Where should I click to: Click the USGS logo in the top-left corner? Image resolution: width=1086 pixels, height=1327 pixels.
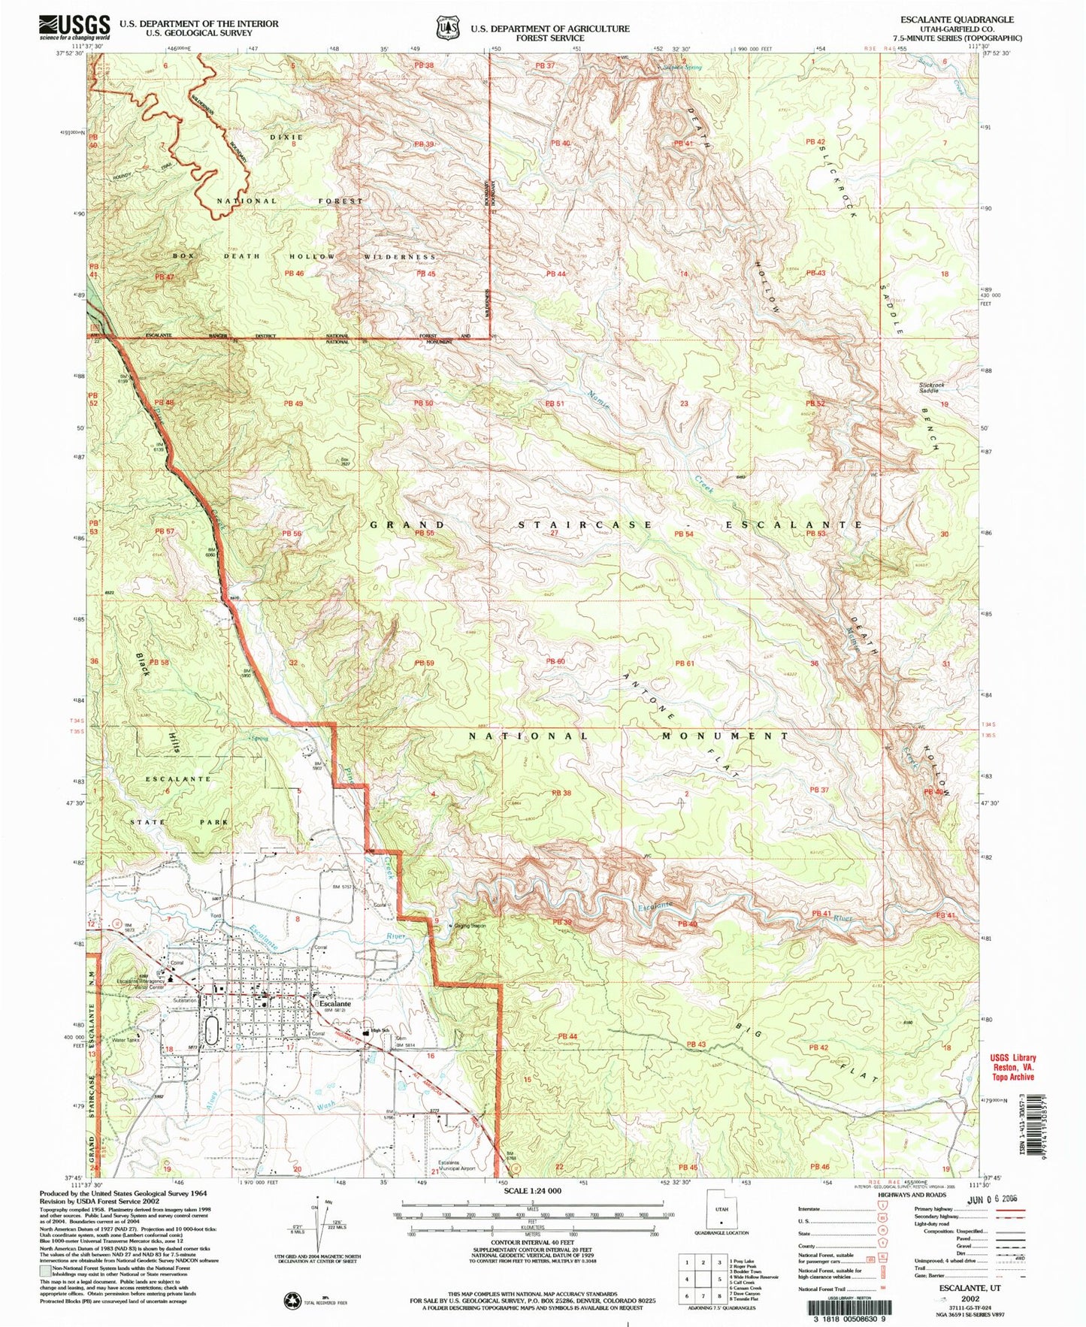(x=75, y=29)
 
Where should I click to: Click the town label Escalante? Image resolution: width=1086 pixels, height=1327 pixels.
(x=335, y=1003)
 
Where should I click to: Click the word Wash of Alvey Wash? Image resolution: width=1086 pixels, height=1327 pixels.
(x=325, y=1106)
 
